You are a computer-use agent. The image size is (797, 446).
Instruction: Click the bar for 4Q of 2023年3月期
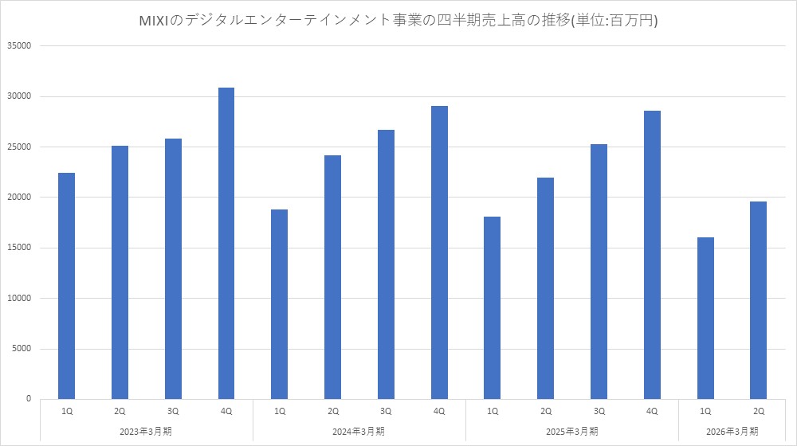pos(226,243)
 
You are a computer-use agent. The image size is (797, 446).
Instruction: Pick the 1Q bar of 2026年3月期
pos(705,319)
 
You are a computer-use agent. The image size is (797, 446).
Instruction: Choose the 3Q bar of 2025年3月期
pos(599,272)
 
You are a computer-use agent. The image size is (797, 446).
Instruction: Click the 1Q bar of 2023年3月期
pos(67,286)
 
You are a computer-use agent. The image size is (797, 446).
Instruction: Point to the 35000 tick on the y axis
pos(18,46)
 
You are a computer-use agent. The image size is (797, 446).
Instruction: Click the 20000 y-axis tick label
pos(18,198)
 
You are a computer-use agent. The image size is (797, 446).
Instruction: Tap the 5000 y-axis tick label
pos(21,349)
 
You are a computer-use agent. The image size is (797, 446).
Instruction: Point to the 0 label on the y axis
pos(28,399)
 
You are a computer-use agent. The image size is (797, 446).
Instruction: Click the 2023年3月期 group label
pos(147,431)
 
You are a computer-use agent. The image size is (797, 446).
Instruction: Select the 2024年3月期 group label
pos(359,431)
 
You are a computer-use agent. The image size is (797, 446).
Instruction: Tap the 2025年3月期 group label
pos(572,431)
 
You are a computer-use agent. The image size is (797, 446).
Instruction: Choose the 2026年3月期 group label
pos(732,431)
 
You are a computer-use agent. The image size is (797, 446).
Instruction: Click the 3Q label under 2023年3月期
pos(173,411)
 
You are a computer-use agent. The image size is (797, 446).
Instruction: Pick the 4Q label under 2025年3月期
pos(652,411)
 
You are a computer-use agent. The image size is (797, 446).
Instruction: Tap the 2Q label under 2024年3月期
pos(333,411)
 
